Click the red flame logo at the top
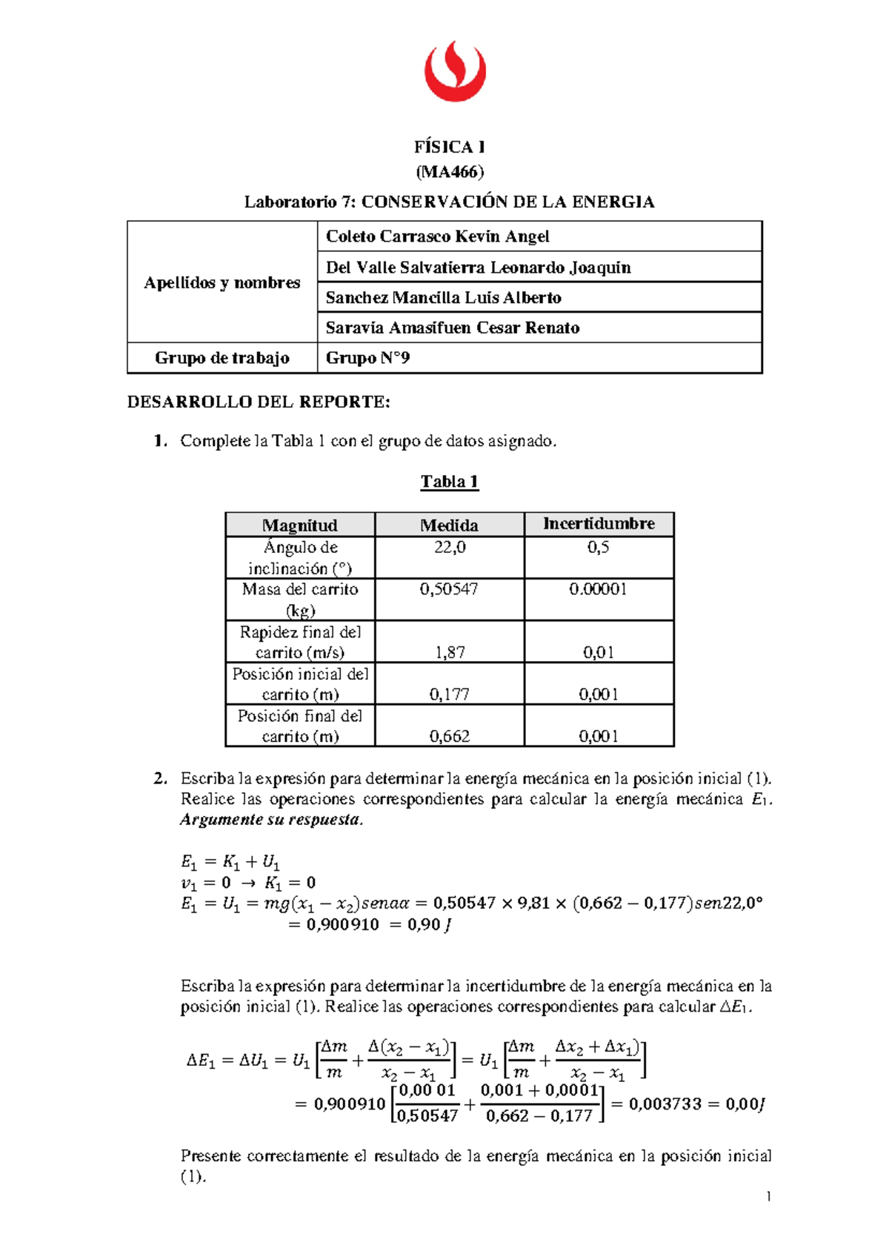[x=455, y=71]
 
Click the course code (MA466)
[x=449, y=172]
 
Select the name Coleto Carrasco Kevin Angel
[x=437, y=236]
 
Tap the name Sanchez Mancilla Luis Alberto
[x=443, y=297]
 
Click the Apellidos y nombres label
[x=222, y=282]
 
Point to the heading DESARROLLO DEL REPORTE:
[x=258, y=402]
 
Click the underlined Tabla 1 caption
[x=449, y=482]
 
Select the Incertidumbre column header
[x=599, y=524]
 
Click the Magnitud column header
[x=299, y=525]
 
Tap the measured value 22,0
[x=449, y=548]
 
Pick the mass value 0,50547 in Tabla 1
[x=449, y=589]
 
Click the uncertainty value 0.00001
[x=598, y=589]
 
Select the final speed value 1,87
[x=449, y=652]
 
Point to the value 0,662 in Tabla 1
[x=449, y=736]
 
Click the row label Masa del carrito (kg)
[x=299, y=599]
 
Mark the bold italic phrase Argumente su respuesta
[x=271, y=820]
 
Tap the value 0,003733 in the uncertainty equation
[x=665, y=1104]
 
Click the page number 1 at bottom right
[x=768, y=1196]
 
